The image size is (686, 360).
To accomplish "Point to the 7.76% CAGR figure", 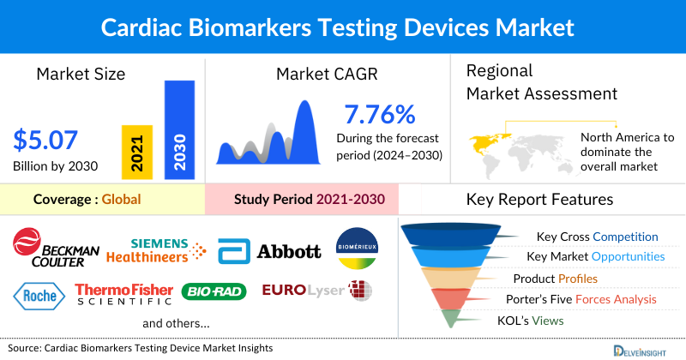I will (x=379, y=114).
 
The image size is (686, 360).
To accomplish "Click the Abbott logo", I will (x=269, y=250).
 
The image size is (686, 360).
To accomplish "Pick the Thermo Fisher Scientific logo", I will (x=124, y=294).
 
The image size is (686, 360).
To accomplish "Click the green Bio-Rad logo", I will (x=214, y=294).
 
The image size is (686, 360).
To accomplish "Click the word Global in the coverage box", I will (x=121, y=200).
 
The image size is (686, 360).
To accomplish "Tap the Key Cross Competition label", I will (x=597, y=237).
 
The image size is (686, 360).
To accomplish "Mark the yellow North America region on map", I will (x=488, y=141).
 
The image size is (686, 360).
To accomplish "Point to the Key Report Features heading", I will (x=539, y=200).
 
